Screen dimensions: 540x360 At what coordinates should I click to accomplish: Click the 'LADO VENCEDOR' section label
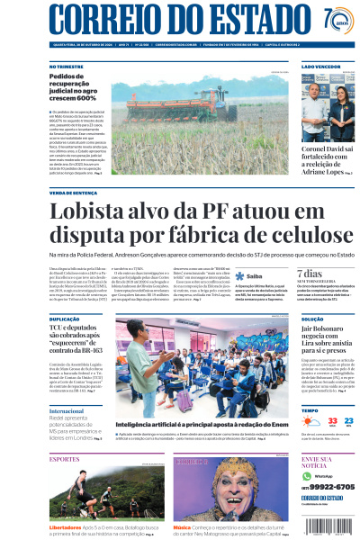[319, 67]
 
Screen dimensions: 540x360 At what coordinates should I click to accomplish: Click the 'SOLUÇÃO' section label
[312, 319]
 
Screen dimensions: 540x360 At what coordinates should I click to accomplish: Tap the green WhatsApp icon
[308, 475]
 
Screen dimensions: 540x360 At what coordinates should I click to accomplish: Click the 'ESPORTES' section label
[65, 459]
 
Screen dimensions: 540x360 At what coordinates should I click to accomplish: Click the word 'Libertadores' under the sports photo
[66, 526]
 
